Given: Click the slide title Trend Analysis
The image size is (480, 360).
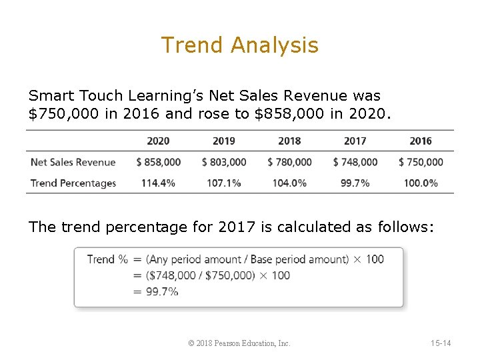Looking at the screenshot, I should tap(240, 45).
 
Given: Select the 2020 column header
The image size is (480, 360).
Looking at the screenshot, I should tap(158, 141).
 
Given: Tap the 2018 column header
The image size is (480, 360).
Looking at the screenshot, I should tap(289, 141).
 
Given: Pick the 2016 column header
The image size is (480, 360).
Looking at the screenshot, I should tap(421, 141).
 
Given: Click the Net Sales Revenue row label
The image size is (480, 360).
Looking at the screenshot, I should tap(73, 162).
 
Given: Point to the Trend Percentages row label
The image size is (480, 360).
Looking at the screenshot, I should tap(73, 183).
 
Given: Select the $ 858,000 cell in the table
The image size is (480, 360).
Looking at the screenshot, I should tap(158, 162).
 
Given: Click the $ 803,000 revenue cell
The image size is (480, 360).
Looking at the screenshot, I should tap(224, 162).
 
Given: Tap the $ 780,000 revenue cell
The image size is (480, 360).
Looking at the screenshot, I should tap(289, 162).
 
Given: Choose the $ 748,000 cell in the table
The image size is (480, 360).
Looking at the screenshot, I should tap(355, 162).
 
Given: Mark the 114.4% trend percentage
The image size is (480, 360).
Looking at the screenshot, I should tap(158, 183).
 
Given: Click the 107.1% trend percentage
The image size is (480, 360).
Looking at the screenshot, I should tap(224, 183).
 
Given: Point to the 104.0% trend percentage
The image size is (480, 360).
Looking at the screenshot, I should tap(289, 183).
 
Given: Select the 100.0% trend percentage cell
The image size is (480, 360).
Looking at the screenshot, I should tap(421, 183).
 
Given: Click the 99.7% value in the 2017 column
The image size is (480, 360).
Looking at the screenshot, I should tap(355, 183).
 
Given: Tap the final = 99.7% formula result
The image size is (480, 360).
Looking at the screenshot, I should tap(156, 291).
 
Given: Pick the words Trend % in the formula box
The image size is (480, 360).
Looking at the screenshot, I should tap(107, 259).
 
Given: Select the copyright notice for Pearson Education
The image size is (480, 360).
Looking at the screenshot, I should tap(239, 343).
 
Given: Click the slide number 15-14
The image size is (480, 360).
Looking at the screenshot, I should tap(441, 343).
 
